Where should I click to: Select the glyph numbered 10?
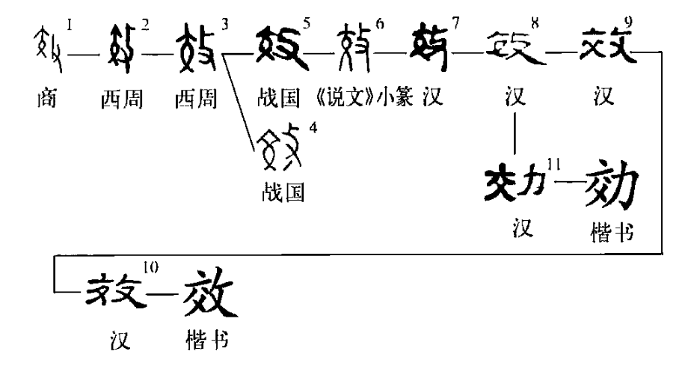pos(119,287)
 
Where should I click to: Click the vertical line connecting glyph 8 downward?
pos(516,132)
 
